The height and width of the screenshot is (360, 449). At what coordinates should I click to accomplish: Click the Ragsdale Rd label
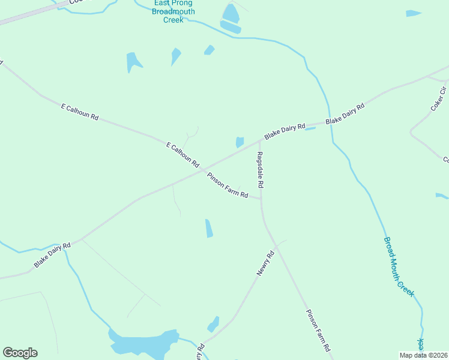(x=260, y=170)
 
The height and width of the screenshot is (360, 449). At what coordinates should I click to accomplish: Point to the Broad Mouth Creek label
(x=399, y=265)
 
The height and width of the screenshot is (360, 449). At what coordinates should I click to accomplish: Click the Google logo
(x=20, y=353)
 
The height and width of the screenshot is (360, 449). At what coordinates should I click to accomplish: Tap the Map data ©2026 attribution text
(x=424, y=355)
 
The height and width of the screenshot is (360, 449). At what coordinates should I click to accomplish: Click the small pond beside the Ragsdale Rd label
(x=240, y=142)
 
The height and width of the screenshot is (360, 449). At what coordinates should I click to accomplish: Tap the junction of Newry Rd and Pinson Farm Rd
(x=276, y=244)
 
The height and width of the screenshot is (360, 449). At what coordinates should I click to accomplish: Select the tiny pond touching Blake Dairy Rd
(x=310, y=128)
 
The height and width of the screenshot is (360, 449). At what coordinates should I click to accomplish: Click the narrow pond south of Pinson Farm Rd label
(x=209, y=228)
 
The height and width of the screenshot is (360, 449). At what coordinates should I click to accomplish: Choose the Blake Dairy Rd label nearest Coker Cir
(x=345, y=114)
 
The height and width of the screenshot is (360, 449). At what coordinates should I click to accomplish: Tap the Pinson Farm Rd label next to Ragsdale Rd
(x=228, y=185)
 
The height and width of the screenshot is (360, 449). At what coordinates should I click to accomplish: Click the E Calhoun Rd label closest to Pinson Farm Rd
(x=182, y=154)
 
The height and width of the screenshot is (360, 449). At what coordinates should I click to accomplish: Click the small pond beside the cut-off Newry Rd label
(x=213, y=325)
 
